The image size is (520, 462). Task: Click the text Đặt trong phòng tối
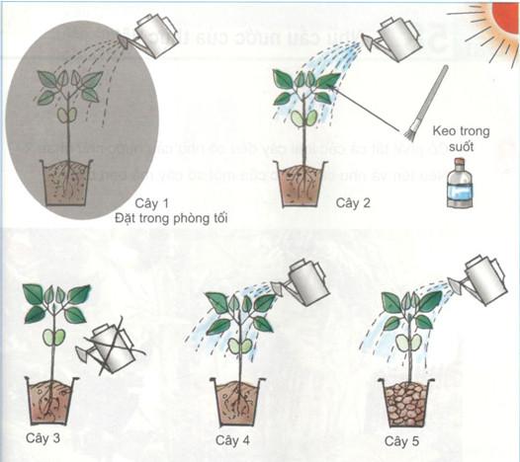[x=171, y=218]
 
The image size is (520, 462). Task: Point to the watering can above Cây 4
[x=308, y=281]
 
